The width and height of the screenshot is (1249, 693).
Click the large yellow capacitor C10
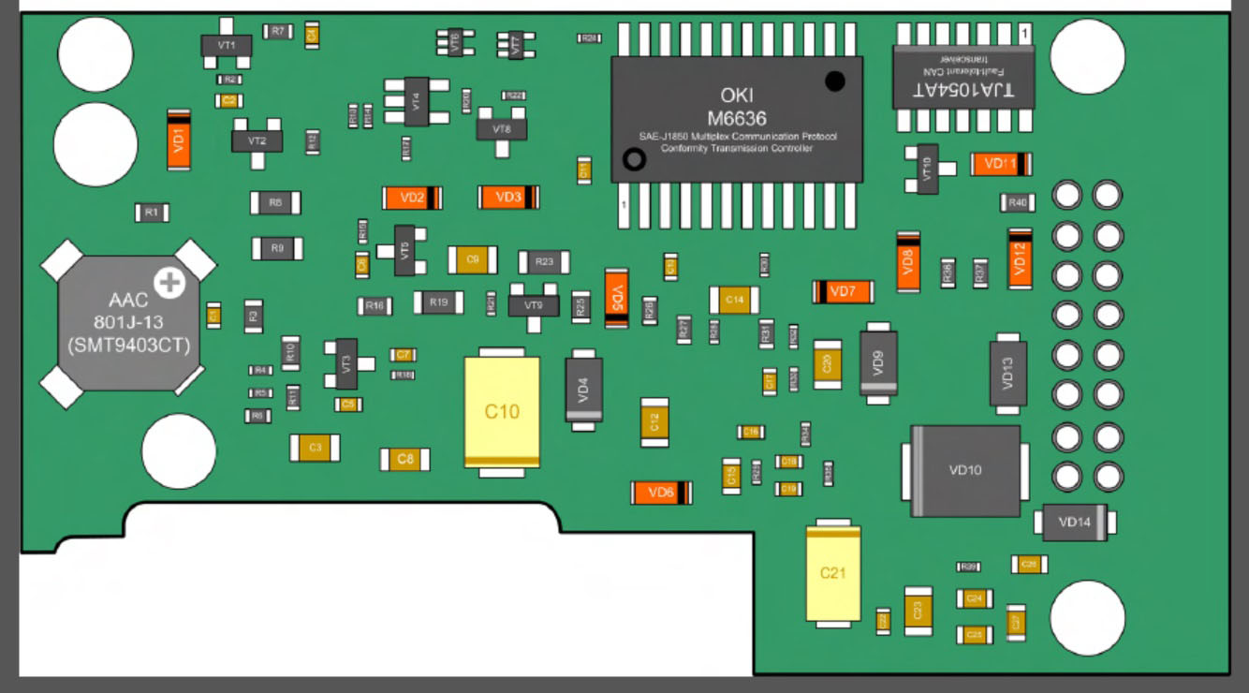point(502,411)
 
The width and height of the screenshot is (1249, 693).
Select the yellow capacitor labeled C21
point(832,572)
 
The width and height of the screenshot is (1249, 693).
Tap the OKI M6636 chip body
point(737,119)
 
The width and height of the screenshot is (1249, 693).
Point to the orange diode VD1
point(179,140)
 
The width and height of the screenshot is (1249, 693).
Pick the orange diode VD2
point(412,198)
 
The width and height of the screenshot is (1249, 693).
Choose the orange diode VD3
point(508,198)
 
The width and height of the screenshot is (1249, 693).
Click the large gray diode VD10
point(965,470)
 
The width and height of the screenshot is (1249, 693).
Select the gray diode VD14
point(1074,523)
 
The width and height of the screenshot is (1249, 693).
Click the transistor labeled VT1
point(227,44)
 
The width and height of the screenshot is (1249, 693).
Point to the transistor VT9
point(534,305)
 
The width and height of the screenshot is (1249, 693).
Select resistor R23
point(545,262)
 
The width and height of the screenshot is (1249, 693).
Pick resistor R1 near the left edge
point(151,213)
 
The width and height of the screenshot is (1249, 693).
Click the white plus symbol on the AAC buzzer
point(169,281)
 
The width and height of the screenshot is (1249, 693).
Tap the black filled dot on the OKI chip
point(835,81)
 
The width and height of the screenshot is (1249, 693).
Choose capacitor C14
point(734,300)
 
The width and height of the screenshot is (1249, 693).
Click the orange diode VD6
point(661,493)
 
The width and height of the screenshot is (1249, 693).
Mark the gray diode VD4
point(583,390)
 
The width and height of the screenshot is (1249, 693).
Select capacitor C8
point(404,459)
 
